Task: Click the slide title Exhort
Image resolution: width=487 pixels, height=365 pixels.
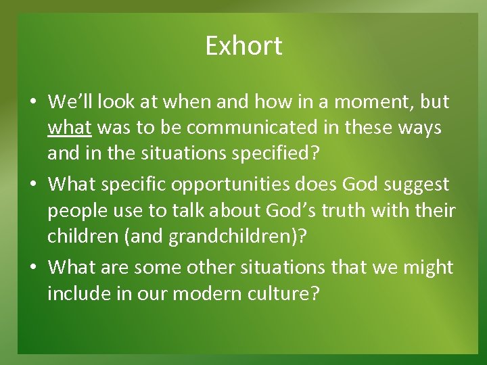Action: (243, 46)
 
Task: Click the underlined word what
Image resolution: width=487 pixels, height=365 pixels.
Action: (70, 128)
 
